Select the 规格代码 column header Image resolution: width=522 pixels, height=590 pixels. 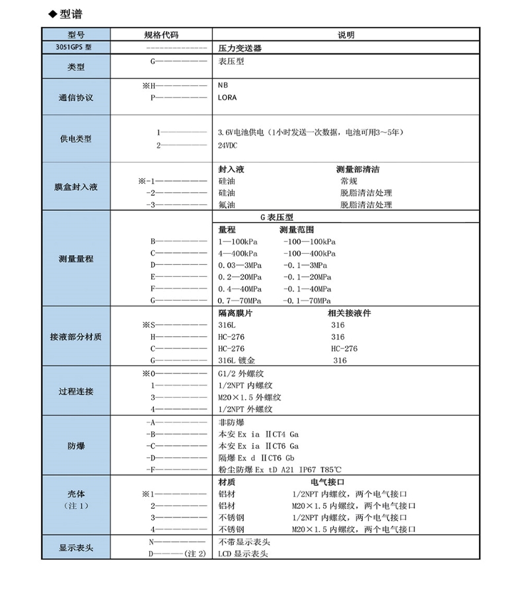pos(161,35)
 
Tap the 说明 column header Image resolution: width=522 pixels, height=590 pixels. pos(346,35)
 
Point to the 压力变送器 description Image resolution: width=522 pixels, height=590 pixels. pos(242,48)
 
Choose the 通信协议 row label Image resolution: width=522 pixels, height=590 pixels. pos(75,97)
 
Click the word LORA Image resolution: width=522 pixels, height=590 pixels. pos(227,97)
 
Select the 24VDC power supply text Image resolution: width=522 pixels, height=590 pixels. pos(229,145)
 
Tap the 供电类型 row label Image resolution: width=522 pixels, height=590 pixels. pos(75,139)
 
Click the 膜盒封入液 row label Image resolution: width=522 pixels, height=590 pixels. pos(75,187)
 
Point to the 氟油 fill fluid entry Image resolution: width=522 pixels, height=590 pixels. pos(227,205)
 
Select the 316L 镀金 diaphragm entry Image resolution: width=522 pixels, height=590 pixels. pos(236,361)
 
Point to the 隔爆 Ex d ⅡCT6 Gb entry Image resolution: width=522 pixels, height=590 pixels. pos(258,457)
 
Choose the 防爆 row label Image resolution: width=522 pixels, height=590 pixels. pos(75,445)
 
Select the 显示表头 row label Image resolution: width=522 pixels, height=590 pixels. pos(75,548)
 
